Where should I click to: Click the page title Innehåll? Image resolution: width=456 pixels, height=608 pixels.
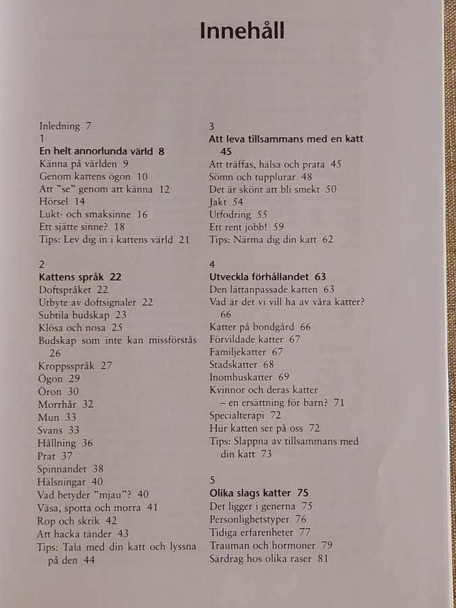(242, 32)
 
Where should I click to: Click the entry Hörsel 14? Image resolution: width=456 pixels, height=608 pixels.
(61, 201)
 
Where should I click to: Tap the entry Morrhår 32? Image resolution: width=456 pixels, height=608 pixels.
(66, 404)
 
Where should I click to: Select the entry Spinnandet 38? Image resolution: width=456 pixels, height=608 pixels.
(71, 468)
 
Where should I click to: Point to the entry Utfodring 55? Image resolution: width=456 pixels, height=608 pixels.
(239, 215)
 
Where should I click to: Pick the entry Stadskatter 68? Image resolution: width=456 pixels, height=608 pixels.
(241, 365)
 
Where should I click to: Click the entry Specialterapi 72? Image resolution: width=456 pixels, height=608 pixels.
(245, 415)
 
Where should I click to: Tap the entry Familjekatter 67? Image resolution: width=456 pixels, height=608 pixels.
(246, 352)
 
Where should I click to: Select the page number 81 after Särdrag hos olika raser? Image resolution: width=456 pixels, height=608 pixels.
(322, 559)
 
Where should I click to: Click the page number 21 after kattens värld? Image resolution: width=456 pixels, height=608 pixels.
(184, 239)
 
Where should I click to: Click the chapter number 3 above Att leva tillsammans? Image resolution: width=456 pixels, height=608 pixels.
(212, 126)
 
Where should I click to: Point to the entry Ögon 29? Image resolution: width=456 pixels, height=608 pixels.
(59, 378)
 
